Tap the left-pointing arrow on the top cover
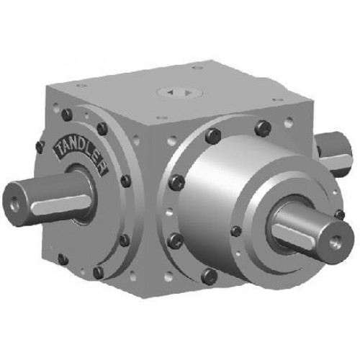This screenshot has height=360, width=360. point(171,92)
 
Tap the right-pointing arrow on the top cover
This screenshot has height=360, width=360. point(188,92)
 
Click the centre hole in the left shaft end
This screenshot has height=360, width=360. point(15,200)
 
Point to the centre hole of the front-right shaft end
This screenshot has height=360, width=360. point(336,240)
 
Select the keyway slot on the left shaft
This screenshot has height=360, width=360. point(61,204)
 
